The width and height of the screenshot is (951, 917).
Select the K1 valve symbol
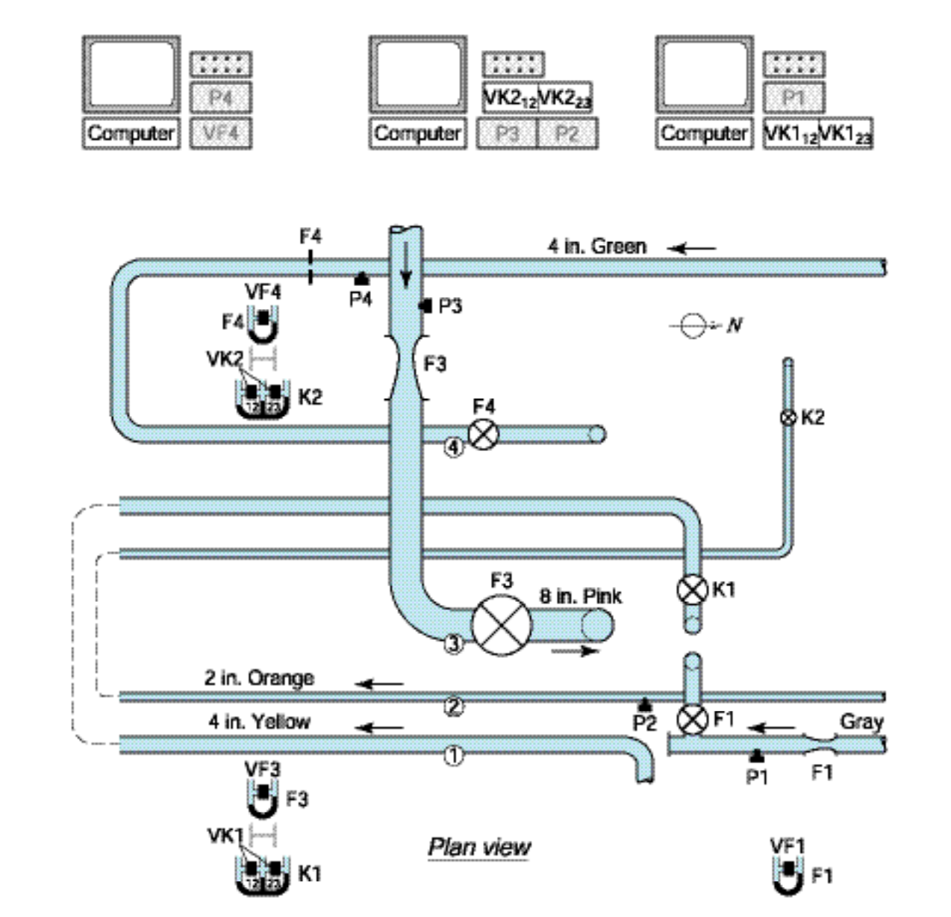pos(692,590)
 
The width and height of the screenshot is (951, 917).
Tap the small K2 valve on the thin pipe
pos(788,417)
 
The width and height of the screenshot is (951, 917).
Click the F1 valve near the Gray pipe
pos(692,720)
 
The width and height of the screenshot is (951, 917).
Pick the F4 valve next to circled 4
pos(483,434)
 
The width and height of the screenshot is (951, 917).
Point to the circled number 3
pos(453,644)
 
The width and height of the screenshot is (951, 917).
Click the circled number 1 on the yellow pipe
pos(453,756)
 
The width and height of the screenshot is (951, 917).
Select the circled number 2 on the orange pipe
pos(453,706)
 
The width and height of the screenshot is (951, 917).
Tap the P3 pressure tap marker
pos(426,305)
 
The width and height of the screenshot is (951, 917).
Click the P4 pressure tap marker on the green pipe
pos(362,278)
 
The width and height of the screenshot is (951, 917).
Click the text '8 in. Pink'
pos(580,596)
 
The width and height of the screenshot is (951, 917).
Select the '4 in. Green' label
pos(596,246)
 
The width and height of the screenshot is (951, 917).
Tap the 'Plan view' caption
pos(479,847)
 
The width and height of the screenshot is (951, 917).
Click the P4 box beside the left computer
pos(220,98)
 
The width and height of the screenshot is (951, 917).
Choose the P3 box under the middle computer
pos(507,134)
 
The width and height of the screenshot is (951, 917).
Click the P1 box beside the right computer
pos(793,98)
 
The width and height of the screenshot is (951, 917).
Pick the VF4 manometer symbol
pos(262,323)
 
